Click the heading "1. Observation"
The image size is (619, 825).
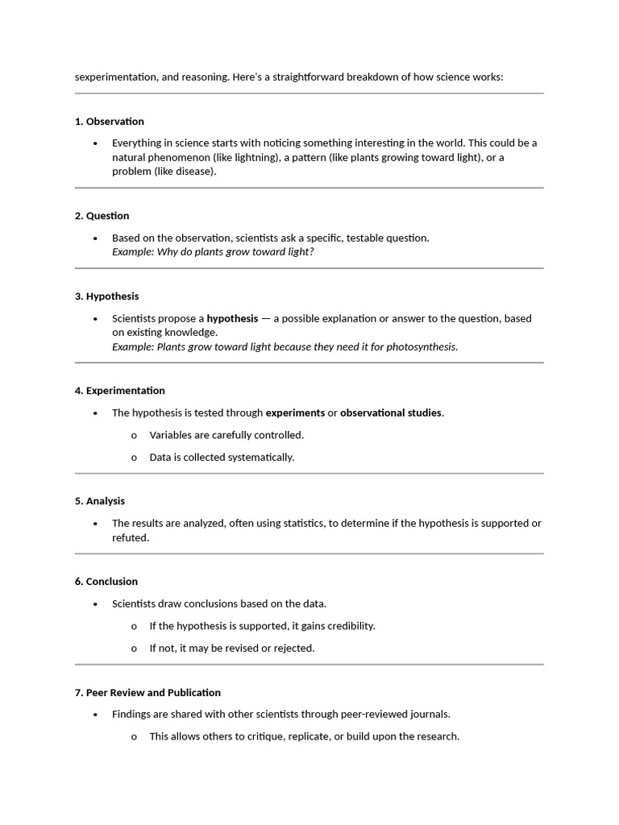pyautogui.click(x=110, y=122)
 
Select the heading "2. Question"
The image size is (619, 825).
pyautogui.click(x=102, y=216)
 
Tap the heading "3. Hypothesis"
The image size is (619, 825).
pyautogui.click(x=107, y=296)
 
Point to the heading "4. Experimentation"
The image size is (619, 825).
pyautogui.click(x=120, y=391)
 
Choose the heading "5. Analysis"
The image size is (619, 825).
pyautogui.click(x=100, y=501)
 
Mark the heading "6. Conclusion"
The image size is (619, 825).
pyautogui.click(x=106, y=582)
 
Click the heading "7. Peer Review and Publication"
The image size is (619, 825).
pyautogui.click(x=147, y=693)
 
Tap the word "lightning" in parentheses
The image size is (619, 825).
pyautogui.click(x=256, y=157)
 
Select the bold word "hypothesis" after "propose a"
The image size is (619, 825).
pyautogui.click(x=232, y=318)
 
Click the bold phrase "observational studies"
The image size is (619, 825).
pyautogui.click(x=391, y=413)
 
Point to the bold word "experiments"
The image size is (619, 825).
pyautogui.click(x=295, y=413)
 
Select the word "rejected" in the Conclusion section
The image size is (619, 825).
pyautogui.click(x=293, y=649)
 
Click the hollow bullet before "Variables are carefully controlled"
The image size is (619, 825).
pyautogui.click(x=134, y=436)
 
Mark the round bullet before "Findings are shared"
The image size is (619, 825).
pyautogui.click(x=95, y=715)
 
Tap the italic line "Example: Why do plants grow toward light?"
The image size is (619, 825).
pyautogui.click(x=213, y=252)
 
